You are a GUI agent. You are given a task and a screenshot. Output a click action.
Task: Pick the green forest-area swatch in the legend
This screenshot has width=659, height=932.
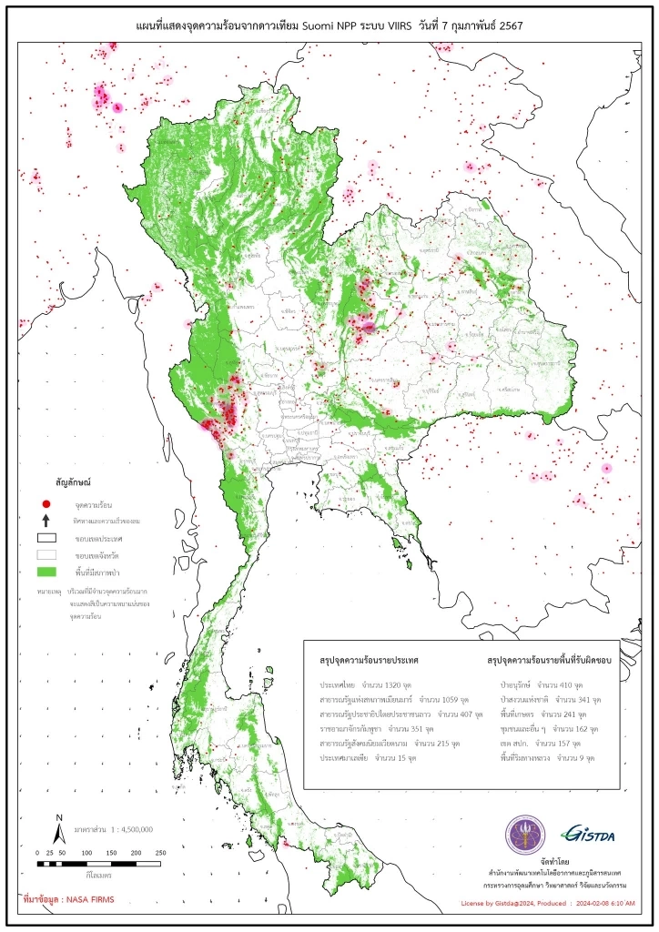pos(46,572)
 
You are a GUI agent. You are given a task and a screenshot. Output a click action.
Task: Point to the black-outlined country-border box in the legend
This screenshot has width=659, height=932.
pos(46,538)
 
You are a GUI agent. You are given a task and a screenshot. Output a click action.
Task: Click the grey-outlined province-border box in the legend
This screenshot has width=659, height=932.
pos(46,555)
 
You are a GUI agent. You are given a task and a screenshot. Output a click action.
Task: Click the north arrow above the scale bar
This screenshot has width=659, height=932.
pos(58,829)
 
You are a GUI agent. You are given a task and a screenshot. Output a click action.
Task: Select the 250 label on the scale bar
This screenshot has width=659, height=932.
pos(160,853)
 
